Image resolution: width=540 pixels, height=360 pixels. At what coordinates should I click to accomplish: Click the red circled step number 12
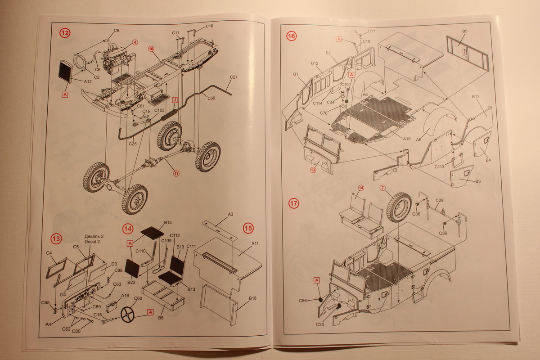65,33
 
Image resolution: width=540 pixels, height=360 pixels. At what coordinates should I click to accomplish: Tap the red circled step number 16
291,36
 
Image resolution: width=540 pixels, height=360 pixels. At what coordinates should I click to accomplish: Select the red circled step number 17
293,203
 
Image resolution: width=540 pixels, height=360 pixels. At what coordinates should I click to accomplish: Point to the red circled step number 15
248,228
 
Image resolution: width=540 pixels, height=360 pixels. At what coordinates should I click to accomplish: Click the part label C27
233,77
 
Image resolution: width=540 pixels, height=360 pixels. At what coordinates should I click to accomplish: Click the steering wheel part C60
127,314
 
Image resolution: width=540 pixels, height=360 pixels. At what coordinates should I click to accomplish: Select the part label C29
440,200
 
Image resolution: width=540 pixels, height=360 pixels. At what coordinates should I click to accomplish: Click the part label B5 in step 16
464,31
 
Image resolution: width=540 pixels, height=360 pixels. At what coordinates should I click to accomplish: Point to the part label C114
319,103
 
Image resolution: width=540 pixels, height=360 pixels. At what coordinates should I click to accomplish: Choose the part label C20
320,324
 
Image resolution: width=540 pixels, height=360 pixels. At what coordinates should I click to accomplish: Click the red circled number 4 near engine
135,43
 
